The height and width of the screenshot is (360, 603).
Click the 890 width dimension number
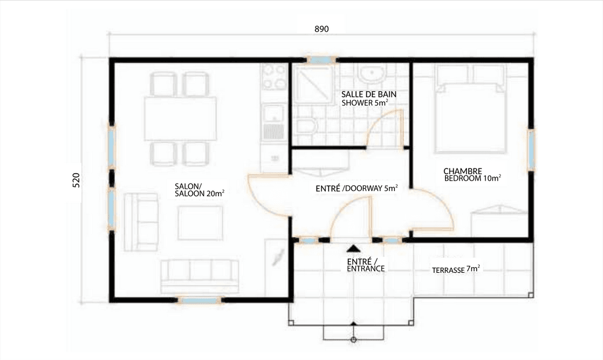[322, 29]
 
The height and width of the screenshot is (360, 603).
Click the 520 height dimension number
[76, 180]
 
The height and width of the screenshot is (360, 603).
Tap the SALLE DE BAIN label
[368, 95]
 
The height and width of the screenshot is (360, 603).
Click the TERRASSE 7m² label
[456, 269]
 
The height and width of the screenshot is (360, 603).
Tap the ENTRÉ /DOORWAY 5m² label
[356, 189]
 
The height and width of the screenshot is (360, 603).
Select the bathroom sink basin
[371, 73]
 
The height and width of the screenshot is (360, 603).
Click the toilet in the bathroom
[306, 125]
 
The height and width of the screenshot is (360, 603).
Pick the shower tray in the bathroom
[312, 84]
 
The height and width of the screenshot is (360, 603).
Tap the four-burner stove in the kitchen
[274, 77]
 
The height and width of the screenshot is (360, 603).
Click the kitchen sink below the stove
[273, 122]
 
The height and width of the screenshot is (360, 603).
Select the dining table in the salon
[180, 119]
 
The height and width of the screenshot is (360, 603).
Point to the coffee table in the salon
[200, 223]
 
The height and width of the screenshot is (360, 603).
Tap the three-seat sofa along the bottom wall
[199, 276]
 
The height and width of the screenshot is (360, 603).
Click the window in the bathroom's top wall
[322, 60]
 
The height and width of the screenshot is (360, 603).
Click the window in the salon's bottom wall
[199, 300]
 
